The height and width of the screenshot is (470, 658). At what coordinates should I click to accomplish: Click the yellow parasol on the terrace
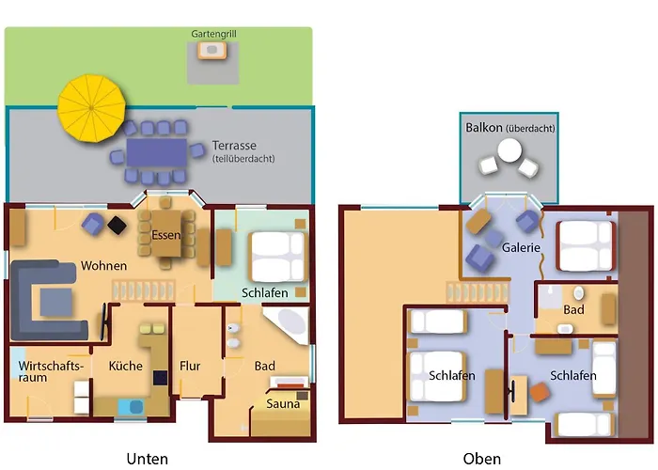[91, 108]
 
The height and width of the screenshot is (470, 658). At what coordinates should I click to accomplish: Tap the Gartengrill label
[213, 34]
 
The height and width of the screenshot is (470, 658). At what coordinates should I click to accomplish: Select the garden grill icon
[212, 50]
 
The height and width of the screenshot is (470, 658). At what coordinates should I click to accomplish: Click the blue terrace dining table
[157, 152]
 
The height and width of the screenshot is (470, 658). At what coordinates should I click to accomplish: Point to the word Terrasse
[234, 146]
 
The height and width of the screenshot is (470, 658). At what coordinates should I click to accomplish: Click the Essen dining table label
[165, 235]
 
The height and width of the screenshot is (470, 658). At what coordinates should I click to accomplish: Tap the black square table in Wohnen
[117, 225]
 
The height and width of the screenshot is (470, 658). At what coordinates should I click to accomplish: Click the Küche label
[125, 366]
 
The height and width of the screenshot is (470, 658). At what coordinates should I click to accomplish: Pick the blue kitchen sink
[131, 407]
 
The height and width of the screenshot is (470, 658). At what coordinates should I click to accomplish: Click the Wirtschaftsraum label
[50, 371]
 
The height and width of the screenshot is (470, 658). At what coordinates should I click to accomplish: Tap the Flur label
[190, 366]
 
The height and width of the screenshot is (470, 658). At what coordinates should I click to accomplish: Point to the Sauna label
[283, 404]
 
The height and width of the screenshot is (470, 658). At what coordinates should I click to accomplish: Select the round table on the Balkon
[509, 150]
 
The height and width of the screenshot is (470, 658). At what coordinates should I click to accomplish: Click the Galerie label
[521, 247]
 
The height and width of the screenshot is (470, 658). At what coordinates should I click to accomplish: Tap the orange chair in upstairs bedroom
[540, 392]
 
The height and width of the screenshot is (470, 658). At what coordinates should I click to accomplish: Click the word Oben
[481, 459]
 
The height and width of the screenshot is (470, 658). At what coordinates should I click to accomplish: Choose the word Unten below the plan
[148, 459]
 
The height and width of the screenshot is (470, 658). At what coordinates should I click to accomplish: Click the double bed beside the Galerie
[586, 245]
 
